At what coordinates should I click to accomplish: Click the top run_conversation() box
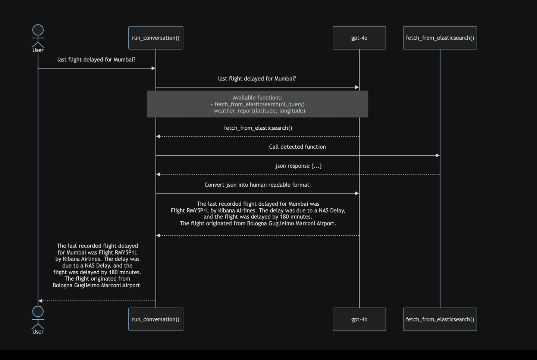pos(156,38)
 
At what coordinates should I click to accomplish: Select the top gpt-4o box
pos(359,38)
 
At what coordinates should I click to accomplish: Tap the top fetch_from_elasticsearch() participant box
pos(440,38)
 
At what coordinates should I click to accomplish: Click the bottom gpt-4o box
pos(359,319)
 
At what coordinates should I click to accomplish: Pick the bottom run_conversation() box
pos(156,319)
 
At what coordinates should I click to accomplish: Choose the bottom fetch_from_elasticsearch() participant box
pos(440,319)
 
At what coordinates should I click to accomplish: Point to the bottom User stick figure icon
pos(38,318)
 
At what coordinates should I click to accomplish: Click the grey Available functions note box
pos(257,104)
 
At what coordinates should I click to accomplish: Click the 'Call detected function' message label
pos(297,147)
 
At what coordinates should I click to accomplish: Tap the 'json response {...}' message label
pos(298,166)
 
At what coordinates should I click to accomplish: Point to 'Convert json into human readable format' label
pos(257,185)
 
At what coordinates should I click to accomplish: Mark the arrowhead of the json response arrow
pos(158,174)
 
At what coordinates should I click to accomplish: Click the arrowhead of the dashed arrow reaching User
pos(41,301)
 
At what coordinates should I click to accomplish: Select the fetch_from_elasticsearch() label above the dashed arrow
pos(258,128)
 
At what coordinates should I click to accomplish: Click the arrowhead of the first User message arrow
pos(153,68)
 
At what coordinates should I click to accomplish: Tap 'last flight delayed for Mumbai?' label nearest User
pos(96,60)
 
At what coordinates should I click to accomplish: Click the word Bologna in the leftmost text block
pos(63,285)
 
